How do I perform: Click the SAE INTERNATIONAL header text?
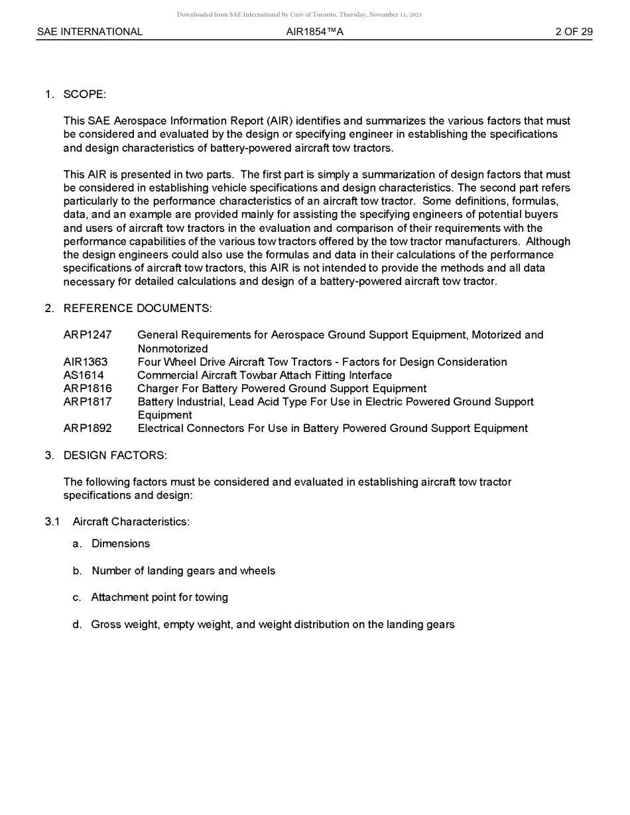tap(90, 32)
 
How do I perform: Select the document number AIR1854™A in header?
tap(315, 32)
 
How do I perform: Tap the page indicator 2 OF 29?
tap(574, 32)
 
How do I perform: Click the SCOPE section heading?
tap(84, 94)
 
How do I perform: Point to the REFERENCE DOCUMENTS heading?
tap(137, 308)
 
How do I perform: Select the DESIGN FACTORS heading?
tap(115, 455)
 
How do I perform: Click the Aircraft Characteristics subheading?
tap(131, 521)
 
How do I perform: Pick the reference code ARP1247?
tap(88, 335)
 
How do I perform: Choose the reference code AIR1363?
tap(86, 362)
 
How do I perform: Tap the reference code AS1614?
tap(84, 375)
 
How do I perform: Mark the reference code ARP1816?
tap(88, 388)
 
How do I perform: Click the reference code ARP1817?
tap(88, 402)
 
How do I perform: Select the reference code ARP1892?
tap(88, 428)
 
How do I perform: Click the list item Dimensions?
tap(121, 543)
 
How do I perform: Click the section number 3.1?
tap(52, 521)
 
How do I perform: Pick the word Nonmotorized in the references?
tap(172, 349)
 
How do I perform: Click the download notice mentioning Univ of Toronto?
tap(299, 15)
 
